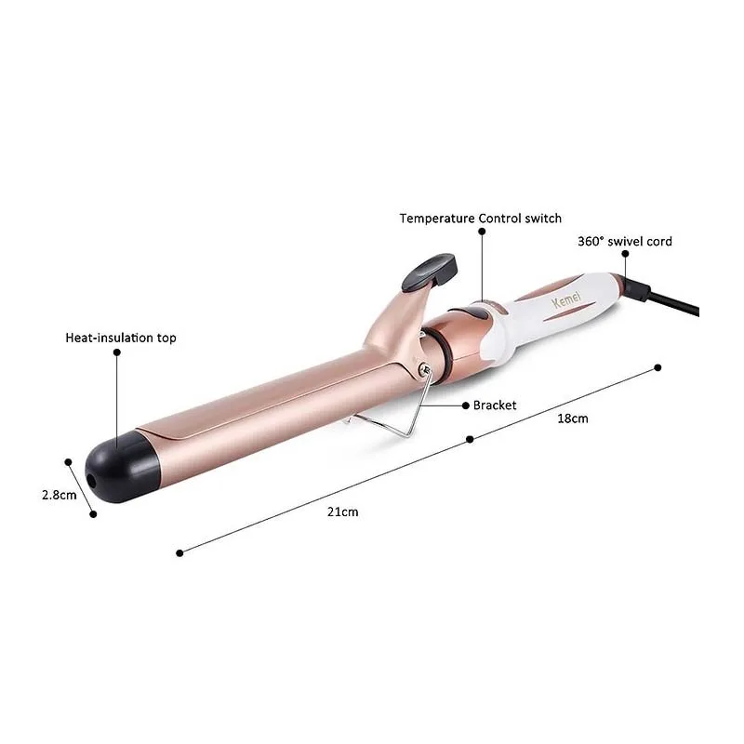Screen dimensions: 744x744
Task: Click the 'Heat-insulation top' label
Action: click(121, 338)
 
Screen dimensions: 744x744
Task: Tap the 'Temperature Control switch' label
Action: click(480, 219)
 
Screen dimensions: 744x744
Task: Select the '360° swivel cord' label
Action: click(624, 242)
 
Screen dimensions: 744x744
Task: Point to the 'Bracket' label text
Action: click(495, 405)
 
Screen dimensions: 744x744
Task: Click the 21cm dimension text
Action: click(342, 512)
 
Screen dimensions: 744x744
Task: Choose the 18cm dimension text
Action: click(573, 418)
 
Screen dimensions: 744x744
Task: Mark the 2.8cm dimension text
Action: click(59, 495)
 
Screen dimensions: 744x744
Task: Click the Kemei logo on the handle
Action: click(566, 299)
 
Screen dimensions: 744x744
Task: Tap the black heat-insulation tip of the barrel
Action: click(122, 467)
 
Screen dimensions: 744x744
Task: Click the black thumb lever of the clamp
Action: click(430, 272)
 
